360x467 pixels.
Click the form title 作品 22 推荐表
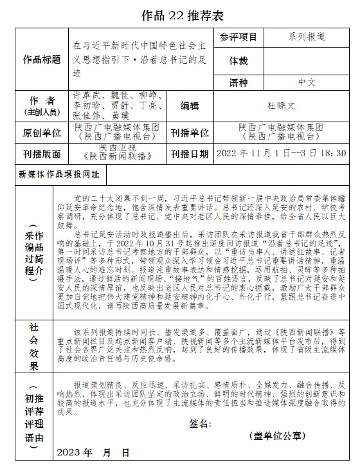[179, 15]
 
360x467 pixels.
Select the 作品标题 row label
[42, 60]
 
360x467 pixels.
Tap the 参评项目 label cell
[238, 37]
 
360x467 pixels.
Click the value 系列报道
[307, 37]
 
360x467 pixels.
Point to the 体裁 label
[238, 60]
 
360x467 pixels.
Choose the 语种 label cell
[238, 83]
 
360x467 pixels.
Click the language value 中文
[307, 83]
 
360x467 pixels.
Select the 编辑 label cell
[190, 106]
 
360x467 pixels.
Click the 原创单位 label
[42, 133]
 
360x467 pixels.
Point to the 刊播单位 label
[190, 133]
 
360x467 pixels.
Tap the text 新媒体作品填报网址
[59, 174]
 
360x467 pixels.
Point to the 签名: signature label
[201, 424]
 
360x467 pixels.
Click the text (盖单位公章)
[278, 436]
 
